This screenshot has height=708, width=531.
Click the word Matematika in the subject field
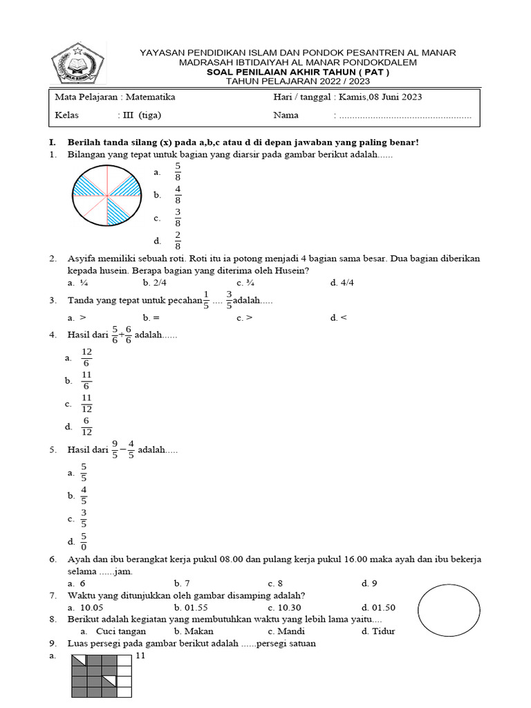click(x=150, y=97)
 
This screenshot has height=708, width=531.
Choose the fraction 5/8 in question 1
click(x=178, y=172)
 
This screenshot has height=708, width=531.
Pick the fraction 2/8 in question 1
click(x=178, y=241)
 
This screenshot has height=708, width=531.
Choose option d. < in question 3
click(x=338, y=318)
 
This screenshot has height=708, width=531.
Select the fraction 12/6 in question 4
click(x=86, y=357)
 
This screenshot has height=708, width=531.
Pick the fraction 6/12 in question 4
click(x=86, y=427)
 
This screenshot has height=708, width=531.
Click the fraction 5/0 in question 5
click(x=84, y=541)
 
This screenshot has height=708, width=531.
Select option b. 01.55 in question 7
click(x=187, y=607)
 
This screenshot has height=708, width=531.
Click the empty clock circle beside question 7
click(x=448, y=611)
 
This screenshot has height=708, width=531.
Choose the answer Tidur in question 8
click(x=378, y=631)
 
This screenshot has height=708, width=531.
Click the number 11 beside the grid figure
click(x=139, y=656)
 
